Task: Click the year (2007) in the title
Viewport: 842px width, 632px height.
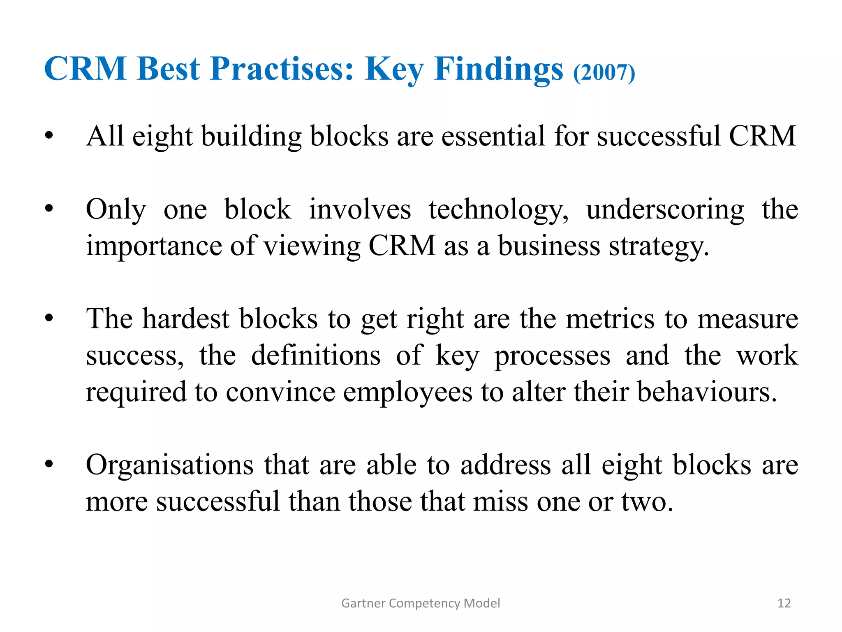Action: [x=604, y=73]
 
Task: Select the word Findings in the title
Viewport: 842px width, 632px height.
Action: [x=498, y=69]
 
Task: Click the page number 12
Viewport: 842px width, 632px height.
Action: [x=784, y=603]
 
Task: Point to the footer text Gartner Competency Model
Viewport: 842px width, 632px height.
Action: [x=421, y=603]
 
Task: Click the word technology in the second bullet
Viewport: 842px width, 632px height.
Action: [x=498, y=210]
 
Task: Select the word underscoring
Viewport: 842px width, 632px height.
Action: [x=665, y=210]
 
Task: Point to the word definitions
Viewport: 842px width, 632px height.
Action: [x=316, y=355]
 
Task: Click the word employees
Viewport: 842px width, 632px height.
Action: [x=407, y=392]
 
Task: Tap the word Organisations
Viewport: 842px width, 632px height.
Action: [x=169, y=465]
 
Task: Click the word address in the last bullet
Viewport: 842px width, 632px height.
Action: [x=505, y=465]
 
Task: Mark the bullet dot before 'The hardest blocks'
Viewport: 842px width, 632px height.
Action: [x=49, y=319]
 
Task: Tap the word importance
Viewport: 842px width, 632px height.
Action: [x=154, y=246]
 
